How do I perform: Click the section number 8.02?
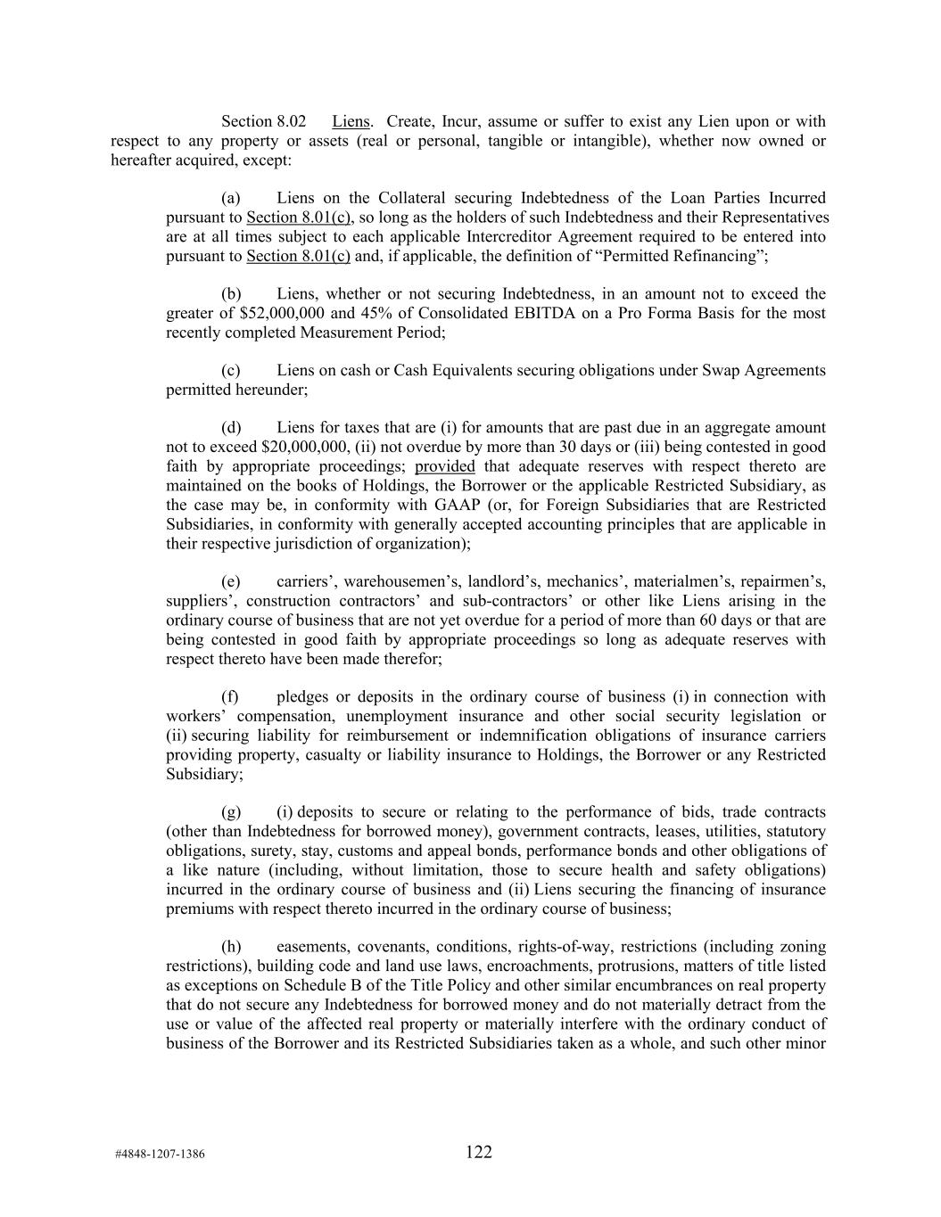click(291, 121)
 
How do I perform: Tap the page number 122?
click(478, 1152)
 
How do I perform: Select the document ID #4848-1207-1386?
click(160, 1155)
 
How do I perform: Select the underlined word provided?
click(444, 466)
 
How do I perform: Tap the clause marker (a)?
click(231, 198)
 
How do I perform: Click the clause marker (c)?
click(231, 370)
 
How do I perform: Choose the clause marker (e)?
click(231, 581)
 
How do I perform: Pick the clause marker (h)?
click(231, 946)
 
